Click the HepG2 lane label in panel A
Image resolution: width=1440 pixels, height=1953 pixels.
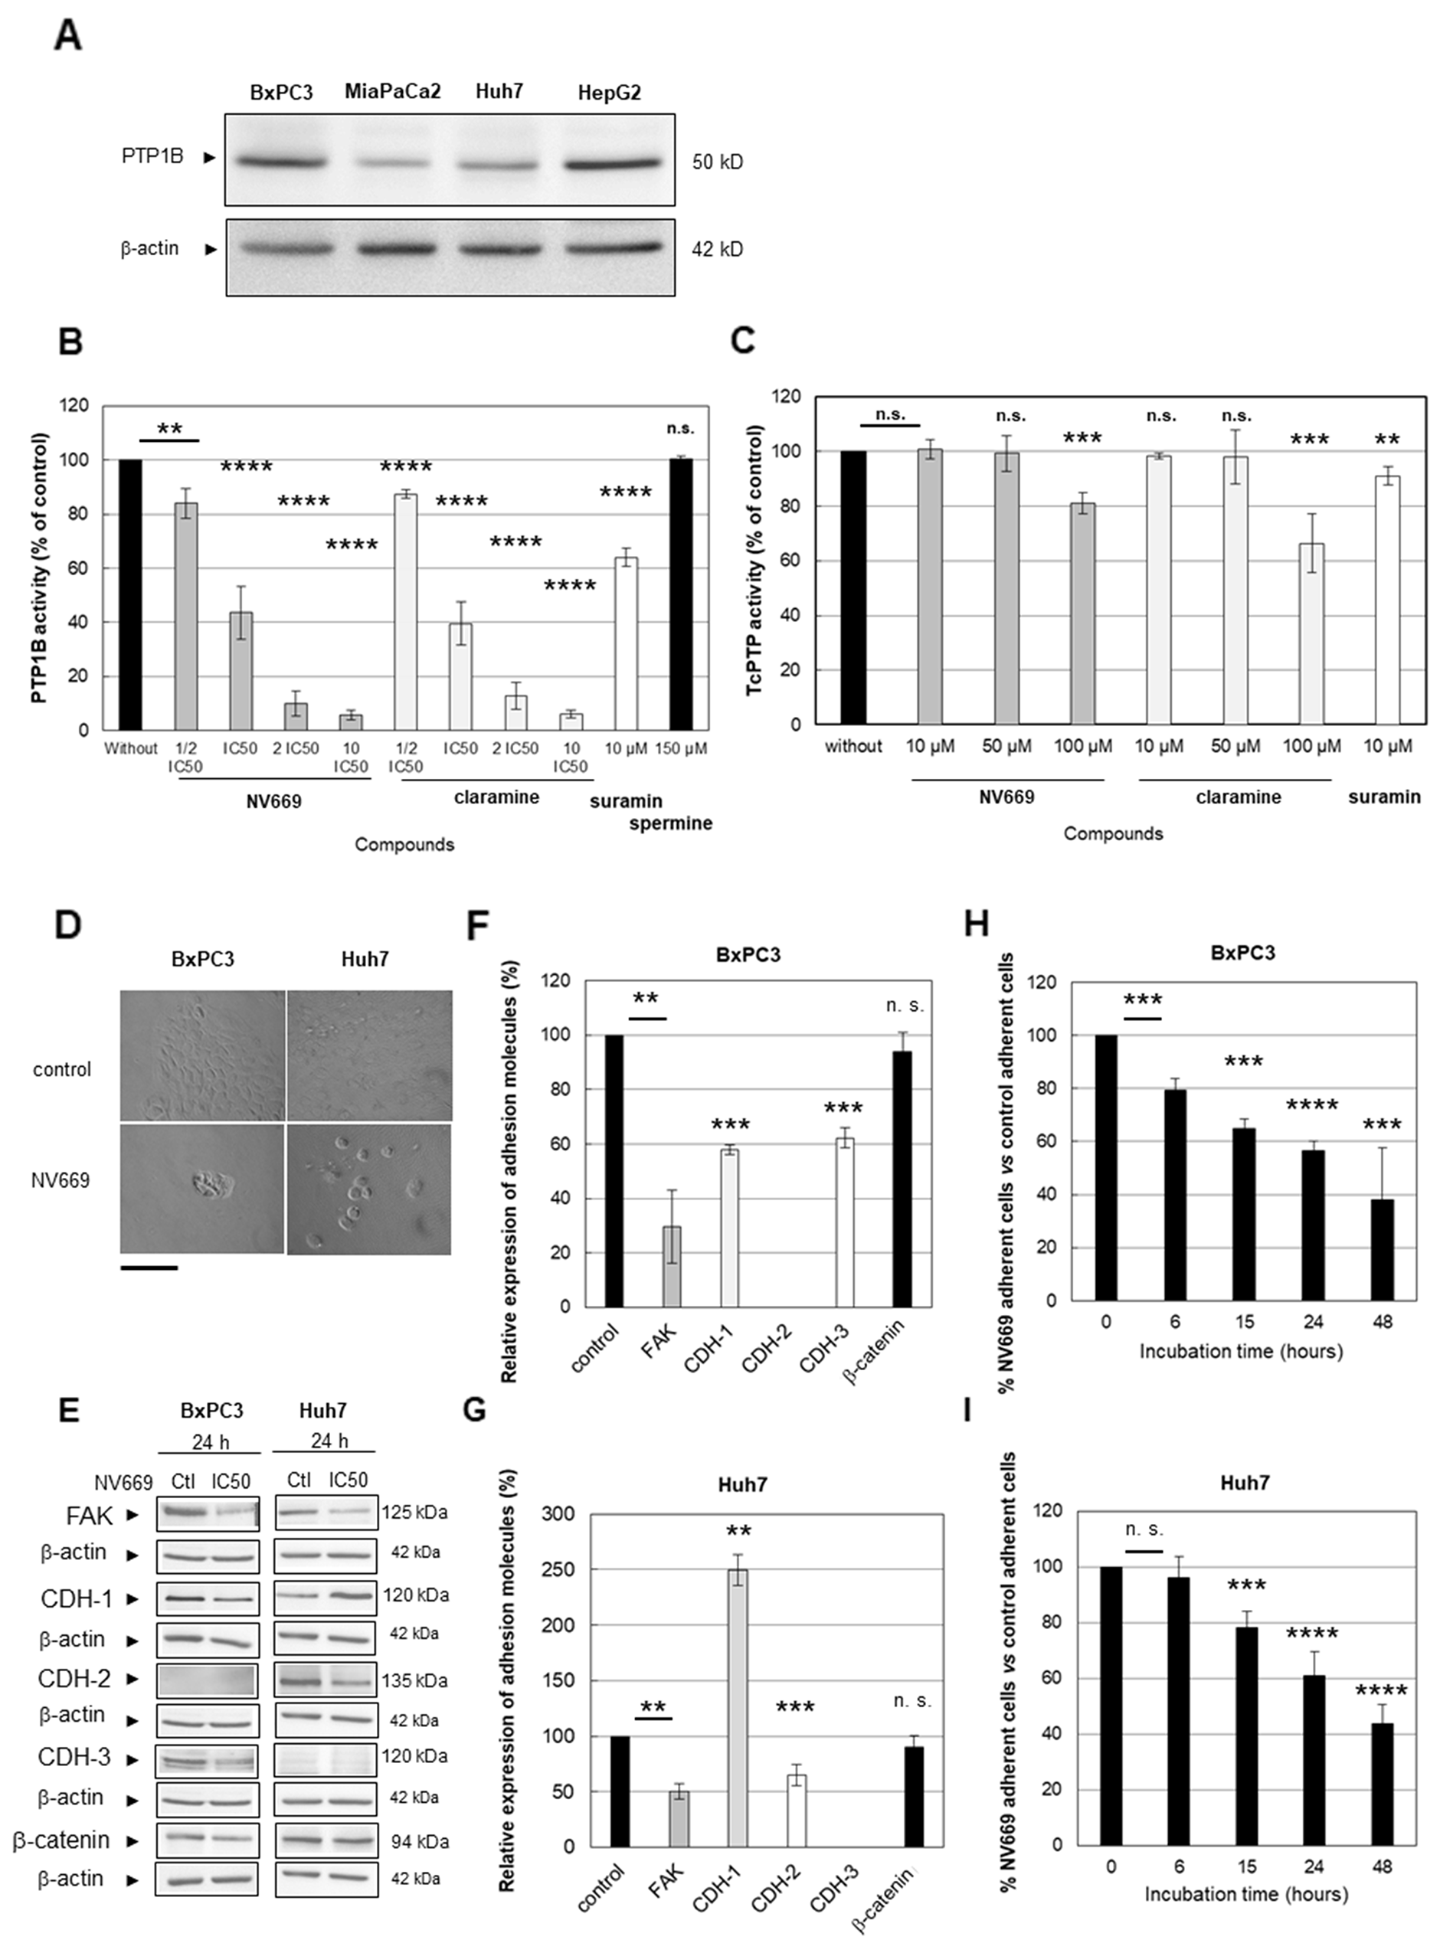pyautogui.click(x=609, y=93)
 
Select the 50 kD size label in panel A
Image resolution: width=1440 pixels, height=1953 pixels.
pyautogui.click(x=718, y=162)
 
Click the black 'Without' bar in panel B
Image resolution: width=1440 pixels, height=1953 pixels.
pyautogui.click(x=130, y=594)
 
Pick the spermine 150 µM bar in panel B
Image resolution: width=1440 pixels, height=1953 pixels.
pyautogui.click(x=681, y=594)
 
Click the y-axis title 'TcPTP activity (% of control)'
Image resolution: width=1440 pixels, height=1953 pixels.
pyautogui.click(x=755, y=560)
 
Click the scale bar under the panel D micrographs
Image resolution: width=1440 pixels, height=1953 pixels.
pyautogui.click(x=149, y=1267)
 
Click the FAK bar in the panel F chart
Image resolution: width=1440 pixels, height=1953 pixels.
pyautogui.click(x=671, y=1265)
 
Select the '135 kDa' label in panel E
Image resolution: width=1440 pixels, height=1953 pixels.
pyautogui.click(x=414, y=1680)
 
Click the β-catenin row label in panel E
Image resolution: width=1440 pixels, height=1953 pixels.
pyautogui.click(x=61, y=1840)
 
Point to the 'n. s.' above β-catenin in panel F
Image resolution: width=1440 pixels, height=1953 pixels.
pyautogui.click(x=905, y=1005)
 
